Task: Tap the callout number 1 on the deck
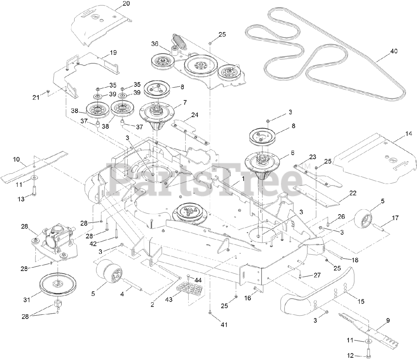click(243, 179)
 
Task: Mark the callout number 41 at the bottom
click(224, 324)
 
